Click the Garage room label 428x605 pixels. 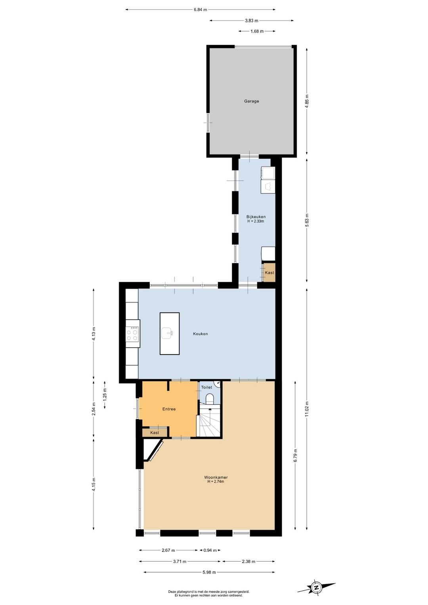pyautogui.click(x=251, y=101)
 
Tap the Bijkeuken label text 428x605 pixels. pyautogui.click(x=256, y=216)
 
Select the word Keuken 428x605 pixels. pyautogui.click(x=200, y=334)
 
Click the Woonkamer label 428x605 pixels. pyautogui.click(x=216, y=477)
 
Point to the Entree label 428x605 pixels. pyautogui.click(x=169, y=409)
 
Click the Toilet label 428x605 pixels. pyautogui.click(x=206, y=387)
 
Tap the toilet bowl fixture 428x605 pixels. pyautogui.click(x=210, y=398)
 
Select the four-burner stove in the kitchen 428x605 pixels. pyautogui.click(x=132, y=334)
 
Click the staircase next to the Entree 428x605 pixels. pyautogui.click(x=209, y=422)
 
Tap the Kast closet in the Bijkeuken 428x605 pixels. pyautogui.click(x=269, y=272)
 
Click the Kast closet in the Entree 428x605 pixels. pyautogui.click(x=155, y=433)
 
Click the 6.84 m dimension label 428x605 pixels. pyautogui.click(x=200, y=10)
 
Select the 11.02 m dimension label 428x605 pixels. pyautogui.click(x=307, y=409)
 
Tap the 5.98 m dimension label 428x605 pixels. pyautogui.click(x=209, y=572)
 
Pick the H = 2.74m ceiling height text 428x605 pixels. pyautogui.click(x=216, y=482)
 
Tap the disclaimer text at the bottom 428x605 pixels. pyautogui.click(x=208, y=594)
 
